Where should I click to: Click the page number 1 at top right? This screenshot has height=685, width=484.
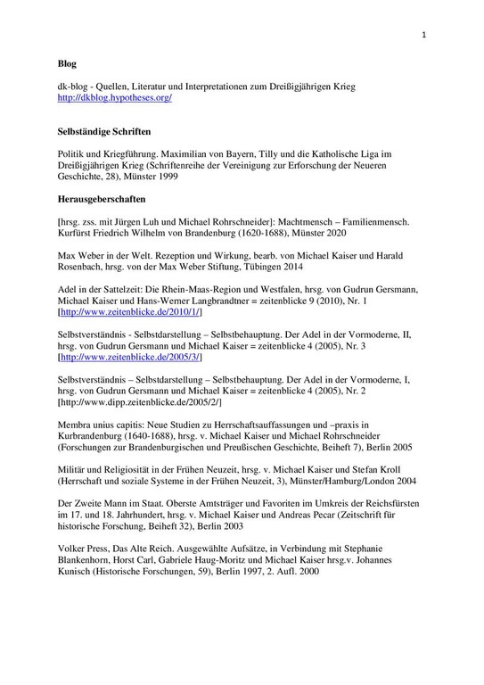tap(425, 35)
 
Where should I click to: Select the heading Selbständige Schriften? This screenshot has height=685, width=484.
tap(106, 130)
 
